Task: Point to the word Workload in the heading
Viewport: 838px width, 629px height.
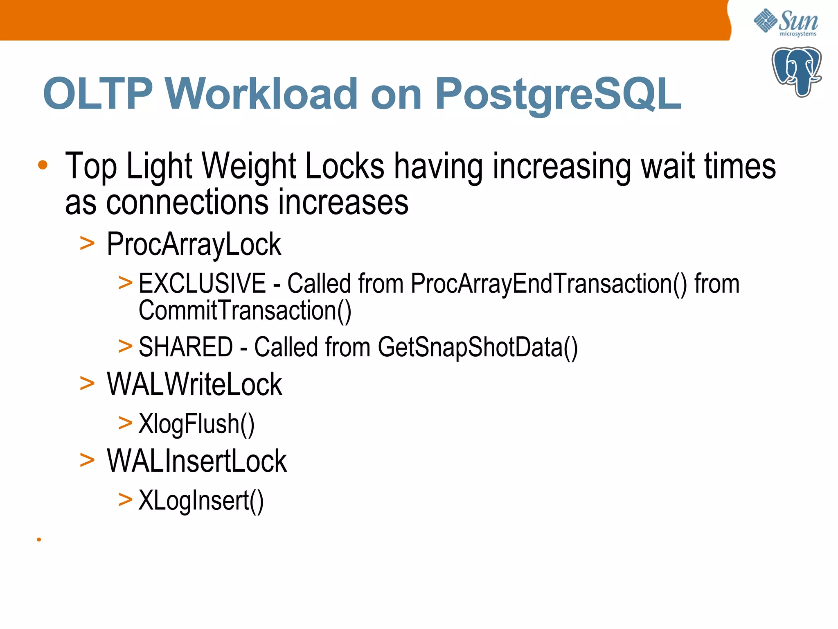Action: click(262, 94)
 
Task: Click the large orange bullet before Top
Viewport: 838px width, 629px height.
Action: click(43, 165)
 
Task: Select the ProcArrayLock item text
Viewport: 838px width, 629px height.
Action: click(194, 244)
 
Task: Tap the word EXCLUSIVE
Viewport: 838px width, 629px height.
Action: click(202, 283)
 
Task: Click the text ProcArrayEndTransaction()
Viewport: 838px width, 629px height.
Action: click(549, 283)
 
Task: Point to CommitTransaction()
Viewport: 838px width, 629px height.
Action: click(245, 311)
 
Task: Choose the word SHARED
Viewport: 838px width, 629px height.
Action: click(186, 347)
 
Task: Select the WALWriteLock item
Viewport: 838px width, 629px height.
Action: click(194, 385)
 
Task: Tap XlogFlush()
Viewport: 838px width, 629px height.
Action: click(196, 424)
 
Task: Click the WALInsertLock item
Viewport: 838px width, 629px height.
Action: click(197, 462)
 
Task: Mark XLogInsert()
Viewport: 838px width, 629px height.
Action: click(201, 501)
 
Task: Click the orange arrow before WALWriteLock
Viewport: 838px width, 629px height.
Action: click(87, 384)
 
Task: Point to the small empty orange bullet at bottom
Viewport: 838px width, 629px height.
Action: click(39, 540)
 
